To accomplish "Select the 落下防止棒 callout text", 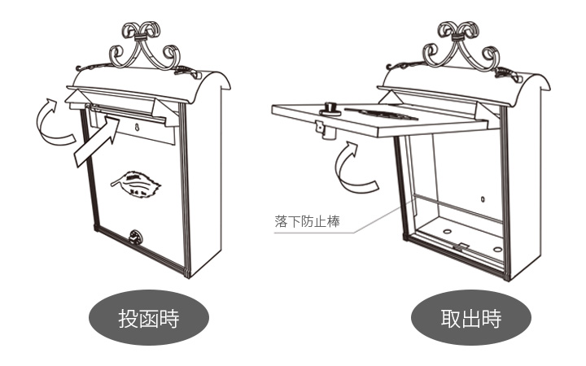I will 304,220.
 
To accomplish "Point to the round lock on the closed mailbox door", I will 134,238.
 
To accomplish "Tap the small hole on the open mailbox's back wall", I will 482,198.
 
